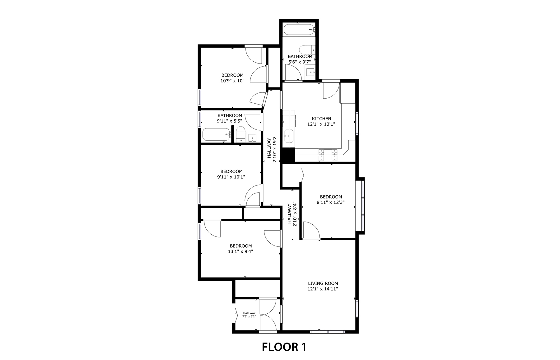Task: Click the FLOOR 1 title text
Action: click(284, 347)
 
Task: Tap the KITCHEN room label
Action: click(321, 119)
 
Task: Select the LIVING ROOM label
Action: click(323, 283)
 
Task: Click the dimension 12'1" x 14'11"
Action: click(323, 289)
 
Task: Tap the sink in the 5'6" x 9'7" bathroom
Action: click(310, 72)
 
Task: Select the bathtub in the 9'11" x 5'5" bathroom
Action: click(217, 135)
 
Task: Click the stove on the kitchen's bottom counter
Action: click(328, 155)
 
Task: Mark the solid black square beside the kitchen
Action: click(288, 155)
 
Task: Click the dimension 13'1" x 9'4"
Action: click(240, 251)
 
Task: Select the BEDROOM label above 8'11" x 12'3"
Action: click(331, 197)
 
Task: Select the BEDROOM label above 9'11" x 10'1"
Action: click(231, 171)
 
